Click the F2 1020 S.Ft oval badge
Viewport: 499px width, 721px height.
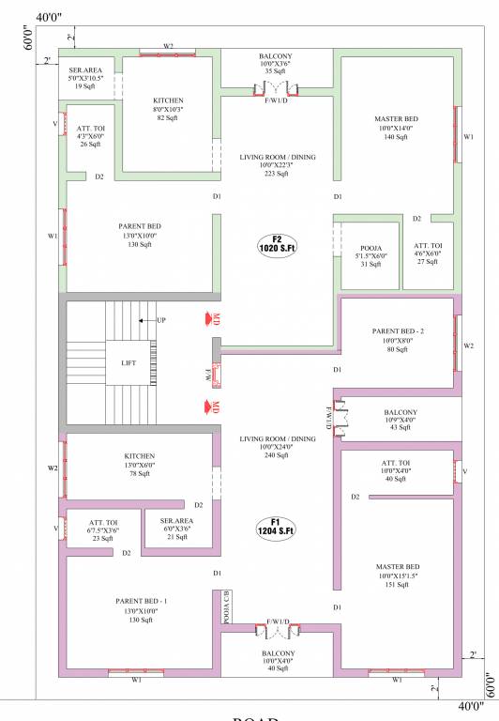[x=277, y=244]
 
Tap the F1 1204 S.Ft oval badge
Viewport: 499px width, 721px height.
[x=277, y=527]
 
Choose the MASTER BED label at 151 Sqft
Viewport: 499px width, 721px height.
[x=398, y=566]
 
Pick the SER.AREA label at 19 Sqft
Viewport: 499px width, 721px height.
[x=86, y=69]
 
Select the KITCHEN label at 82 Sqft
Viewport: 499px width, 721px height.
[x=168, y=100]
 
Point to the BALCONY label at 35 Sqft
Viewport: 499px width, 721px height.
[x=276, y=56]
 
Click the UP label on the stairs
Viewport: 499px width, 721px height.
[x=161, y=320]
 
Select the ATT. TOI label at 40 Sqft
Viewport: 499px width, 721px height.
[x=397, y=463]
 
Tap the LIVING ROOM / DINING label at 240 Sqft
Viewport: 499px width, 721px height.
[x=277, y=438]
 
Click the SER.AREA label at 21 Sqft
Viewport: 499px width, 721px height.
[x=175, y=520]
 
